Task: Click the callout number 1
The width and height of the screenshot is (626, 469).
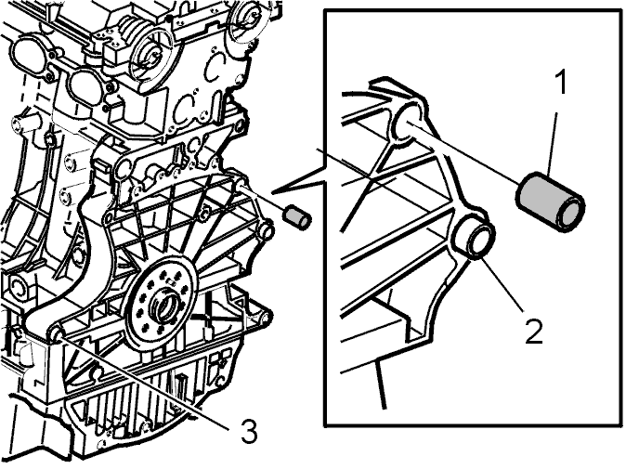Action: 561,83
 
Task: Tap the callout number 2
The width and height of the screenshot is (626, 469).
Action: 534,332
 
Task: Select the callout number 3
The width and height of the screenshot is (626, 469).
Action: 249,432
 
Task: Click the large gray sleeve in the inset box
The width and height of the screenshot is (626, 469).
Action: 551,201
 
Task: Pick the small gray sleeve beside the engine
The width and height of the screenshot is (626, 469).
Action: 296,217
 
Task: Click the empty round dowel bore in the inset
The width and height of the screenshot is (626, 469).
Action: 407,122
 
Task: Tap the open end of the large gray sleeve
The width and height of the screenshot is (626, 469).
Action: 571,212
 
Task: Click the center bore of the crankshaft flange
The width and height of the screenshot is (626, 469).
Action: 163,307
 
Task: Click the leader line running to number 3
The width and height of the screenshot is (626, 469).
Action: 144,384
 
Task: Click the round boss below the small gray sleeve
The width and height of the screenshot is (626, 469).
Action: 267,230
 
